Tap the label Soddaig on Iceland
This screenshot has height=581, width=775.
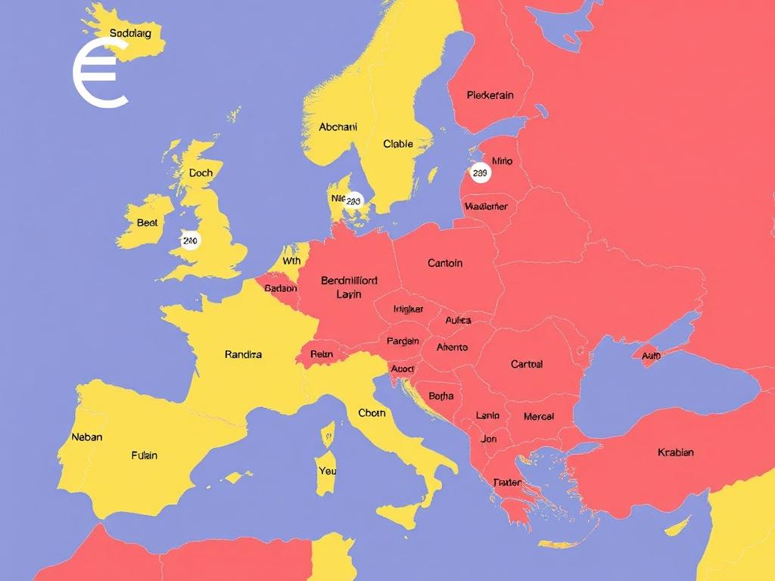[x=130, y=33]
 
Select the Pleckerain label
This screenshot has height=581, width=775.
[x=490, y=95]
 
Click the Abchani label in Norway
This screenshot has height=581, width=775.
[x=338, y=127]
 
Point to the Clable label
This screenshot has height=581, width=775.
[x=398, y=144]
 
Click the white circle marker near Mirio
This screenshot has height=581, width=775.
[x=480, y=173]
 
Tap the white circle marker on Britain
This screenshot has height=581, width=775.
[x=190, y=241]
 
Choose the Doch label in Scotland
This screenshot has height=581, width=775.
[x=201, y=172]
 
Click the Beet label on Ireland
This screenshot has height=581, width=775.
[x=147, y=222]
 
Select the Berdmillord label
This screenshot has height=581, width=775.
[x=349, y=280]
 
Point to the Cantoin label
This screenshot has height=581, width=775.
[x=445, y=263]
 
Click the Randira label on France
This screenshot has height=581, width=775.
[x=244, y=354]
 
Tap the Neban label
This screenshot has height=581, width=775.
[x=86, y=437]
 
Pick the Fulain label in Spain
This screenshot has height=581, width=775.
[x=145, y=455]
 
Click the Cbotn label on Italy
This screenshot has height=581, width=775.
[x=372, y=413]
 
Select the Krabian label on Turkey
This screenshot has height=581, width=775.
[x=676, y=452]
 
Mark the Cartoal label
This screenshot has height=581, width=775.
[x=527, y=364]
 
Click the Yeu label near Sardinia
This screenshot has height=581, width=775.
[x=328, y=471]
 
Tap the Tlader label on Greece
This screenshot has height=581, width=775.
[x=507, y=483]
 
